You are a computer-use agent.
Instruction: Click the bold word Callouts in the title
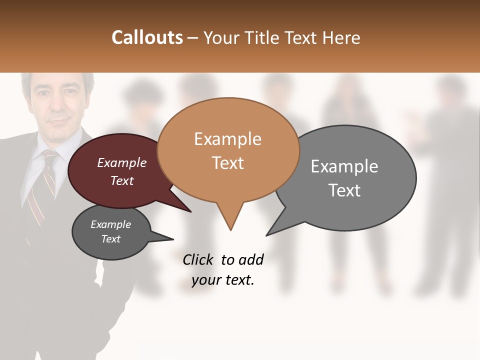point(147,37)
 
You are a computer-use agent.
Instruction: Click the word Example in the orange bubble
point(227,139)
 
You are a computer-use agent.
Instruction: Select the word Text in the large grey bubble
point(344,190)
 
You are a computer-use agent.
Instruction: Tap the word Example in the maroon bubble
point(122,162)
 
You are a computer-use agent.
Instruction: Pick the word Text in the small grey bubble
point(110,239)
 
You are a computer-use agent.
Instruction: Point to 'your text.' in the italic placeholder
point(223,280)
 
